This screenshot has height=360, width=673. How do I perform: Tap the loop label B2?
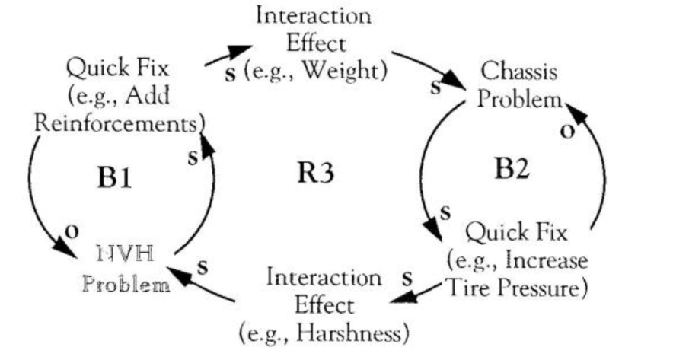[512, 169]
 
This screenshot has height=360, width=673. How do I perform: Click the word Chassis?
[519, 73]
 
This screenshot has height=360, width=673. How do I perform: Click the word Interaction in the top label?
[314, 14]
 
